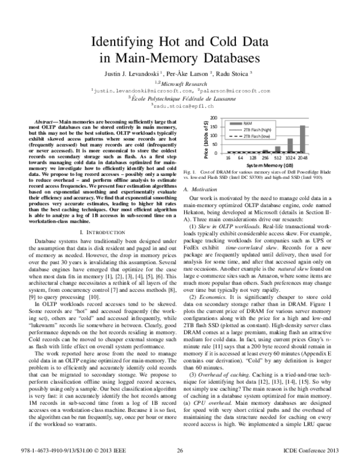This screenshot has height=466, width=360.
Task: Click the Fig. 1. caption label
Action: pos(189,172)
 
